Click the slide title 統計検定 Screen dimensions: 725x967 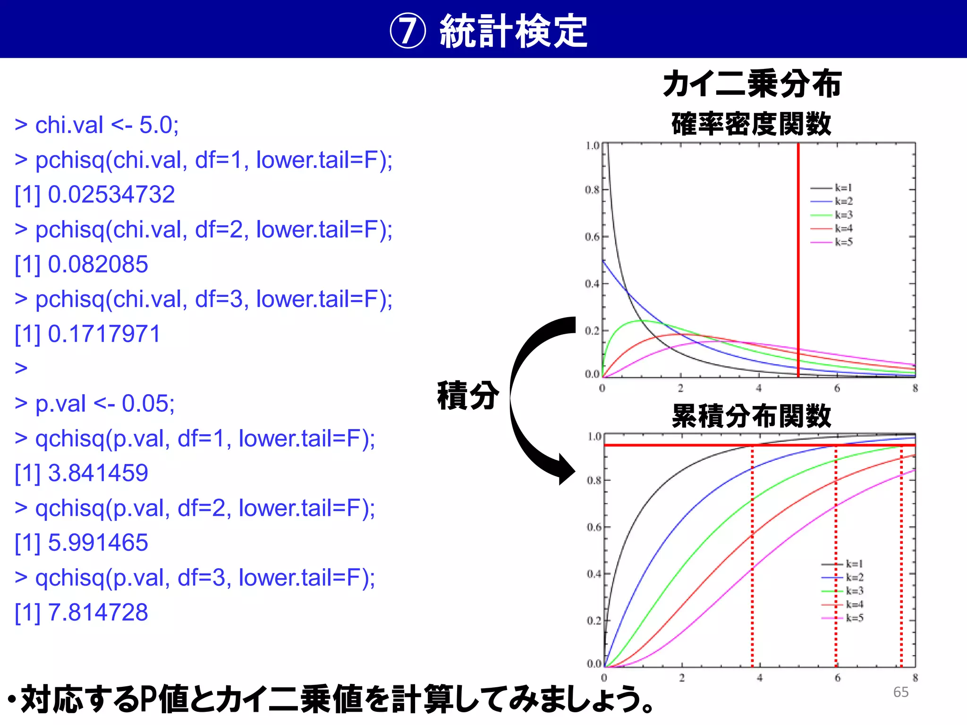click(513, 31)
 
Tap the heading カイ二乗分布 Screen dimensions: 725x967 click(752, 84)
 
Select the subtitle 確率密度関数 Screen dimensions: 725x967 click(751, 124)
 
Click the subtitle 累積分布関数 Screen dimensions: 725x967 click(751, 416)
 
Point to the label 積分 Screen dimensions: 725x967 click(467, 395)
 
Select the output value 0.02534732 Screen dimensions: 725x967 click(111, 194)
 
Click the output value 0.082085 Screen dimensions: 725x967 click(98, 264)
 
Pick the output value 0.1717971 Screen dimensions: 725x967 click(104, 334)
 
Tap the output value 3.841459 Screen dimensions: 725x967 click(98, 473)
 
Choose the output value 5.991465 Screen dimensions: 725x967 click(98, 542)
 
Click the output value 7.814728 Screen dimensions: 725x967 click(98, 612)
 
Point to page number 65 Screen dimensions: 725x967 click(900, 692)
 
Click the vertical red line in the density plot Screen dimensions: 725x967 click(798, 260)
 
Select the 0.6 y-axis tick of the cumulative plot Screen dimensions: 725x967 click(594, 527)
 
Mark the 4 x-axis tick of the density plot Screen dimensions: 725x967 click(759, 388)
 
